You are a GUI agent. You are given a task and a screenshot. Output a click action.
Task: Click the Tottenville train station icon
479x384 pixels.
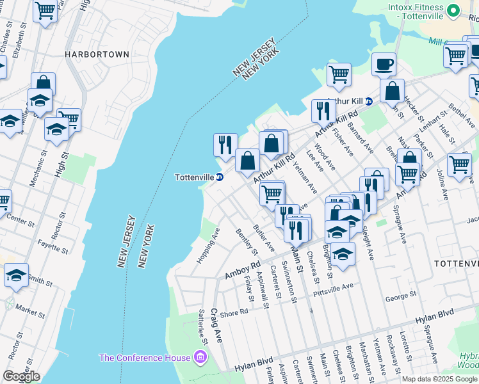[x=220, y=177]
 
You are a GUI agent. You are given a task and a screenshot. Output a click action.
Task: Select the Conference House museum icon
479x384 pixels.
[x=200, y=356]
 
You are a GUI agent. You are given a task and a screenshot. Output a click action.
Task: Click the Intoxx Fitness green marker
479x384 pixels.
[x=453, y=11]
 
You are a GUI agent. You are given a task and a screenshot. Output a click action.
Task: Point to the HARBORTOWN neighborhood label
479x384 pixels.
[x=97, y=55]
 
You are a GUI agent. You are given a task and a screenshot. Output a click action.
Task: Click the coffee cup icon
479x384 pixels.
[x=384, y=64]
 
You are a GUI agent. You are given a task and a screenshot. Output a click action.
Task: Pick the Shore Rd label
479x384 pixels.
[x=234, y=312]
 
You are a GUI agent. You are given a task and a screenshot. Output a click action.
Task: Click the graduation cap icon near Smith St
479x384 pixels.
[x=16, y=275]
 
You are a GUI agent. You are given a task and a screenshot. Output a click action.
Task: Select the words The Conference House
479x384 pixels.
[x=145, y=357]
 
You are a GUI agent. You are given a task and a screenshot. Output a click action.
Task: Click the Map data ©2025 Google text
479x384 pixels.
[x=440, y=379]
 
